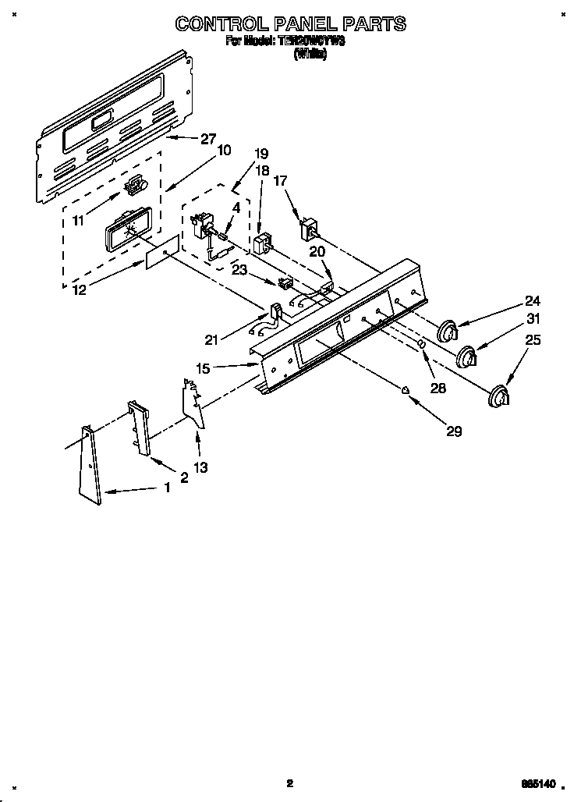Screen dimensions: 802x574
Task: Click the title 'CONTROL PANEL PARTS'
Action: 290,24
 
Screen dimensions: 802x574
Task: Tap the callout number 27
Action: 208,140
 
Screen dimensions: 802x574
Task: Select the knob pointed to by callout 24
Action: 446,331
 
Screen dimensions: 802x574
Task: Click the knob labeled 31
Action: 466,357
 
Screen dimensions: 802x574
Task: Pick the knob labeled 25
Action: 496,396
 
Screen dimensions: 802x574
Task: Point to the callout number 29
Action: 452,431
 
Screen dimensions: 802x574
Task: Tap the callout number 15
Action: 203,368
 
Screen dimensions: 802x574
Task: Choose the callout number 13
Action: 200,467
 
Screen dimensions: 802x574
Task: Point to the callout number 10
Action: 223,151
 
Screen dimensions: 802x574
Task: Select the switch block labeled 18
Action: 263,243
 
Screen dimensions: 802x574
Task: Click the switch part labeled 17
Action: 309,229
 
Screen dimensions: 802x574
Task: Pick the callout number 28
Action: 438,387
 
